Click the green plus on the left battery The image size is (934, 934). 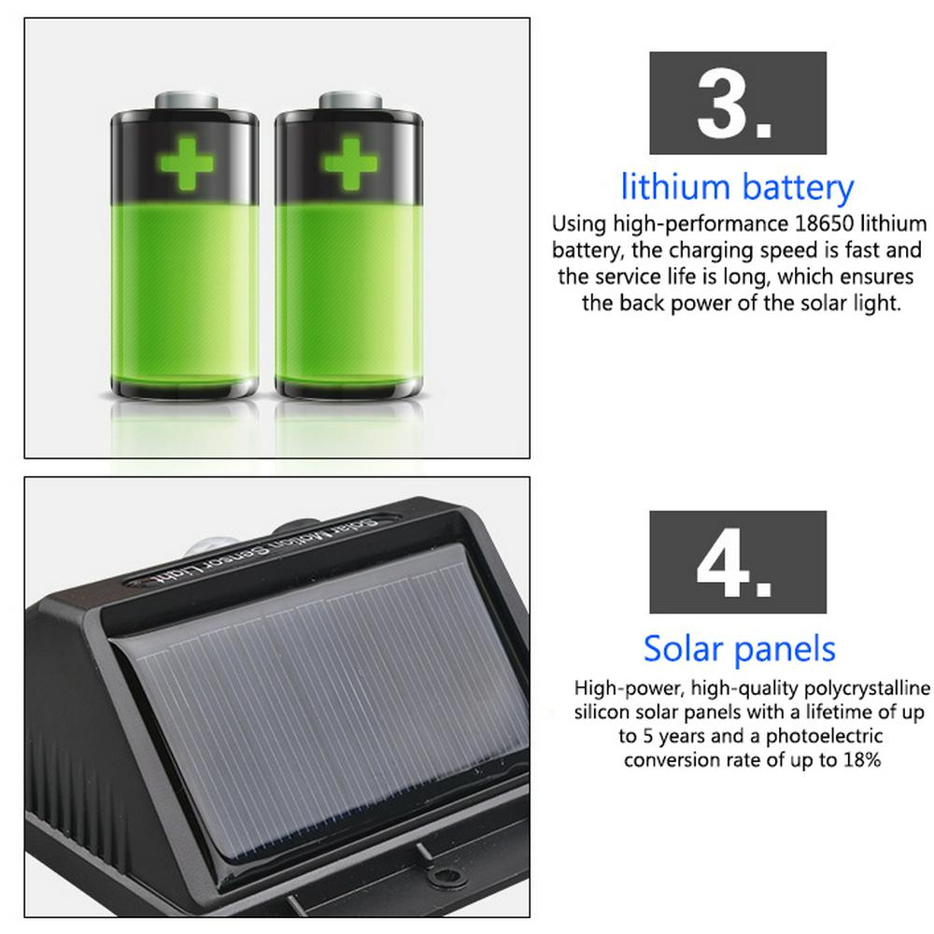point(185,163)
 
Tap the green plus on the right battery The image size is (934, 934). point(349,163)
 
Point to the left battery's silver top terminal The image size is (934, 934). point(186,101)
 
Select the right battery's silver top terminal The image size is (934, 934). point(350,101)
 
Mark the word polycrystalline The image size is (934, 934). point(868,689)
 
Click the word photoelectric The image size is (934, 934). point(824,737)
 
